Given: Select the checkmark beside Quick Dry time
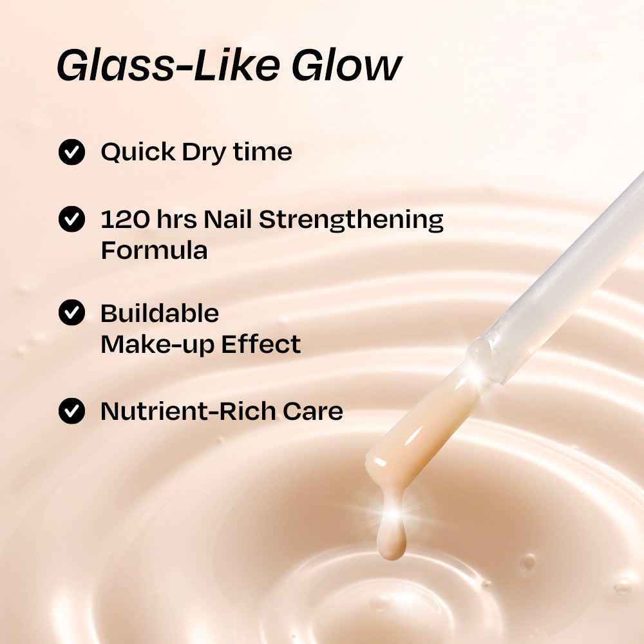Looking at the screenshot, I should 71,153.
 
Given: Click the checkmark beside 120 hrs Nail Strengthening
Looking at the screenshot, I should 71,219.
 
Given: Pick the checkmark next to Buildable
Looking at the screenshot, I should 71,313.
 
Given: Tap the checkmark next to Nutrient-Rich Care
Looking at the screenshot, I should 71,411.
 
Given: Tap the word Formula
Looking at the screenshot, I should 154,251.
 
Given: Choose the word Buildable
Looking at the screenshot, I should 160,314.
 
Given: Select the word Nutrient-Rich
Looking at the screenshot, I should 187,411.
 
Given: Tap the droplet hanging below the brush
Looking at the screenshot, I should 392,541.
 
